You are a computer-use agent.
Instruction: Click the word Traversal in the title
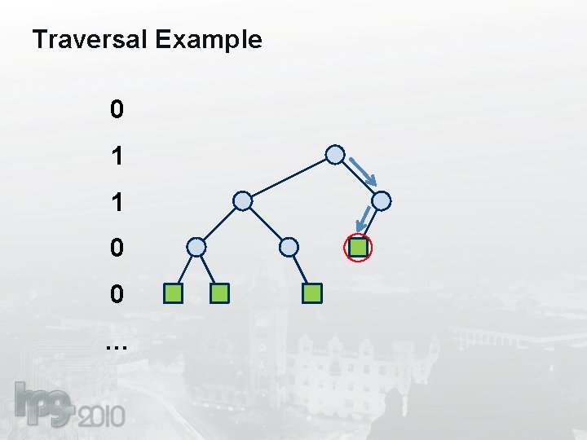point(89,39)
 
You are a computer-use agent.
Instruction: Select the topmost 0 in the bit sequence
point(117,109)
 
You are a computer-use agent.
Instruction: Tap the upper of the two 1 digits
point(117,156)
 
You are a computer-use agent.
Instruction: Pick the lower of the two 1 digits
point(117,202)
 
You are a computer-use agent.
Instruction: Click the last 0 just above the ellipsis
point(117,294)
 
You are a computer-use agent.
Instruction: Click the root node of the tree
point(335,154)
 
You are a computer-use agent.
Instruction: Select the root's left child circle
point(242,200)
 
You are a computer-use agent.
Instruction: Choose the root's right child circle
point(382,200)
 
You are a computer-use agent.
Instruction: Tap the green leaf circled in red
point(359,247)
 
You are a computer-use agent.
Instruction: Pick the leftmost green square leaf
point(172,293)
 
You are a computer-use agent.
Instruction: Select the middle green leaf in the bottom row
point(219,293)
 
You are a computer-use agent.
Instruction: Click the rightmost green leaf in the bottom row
point(312,293)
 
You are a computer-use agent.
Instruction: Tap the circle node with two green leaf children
point(196,247)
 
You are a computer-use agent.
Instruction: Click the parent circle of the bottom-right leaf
point(289,247)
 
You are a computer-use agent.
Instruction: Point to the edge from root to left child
point(289,177)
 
